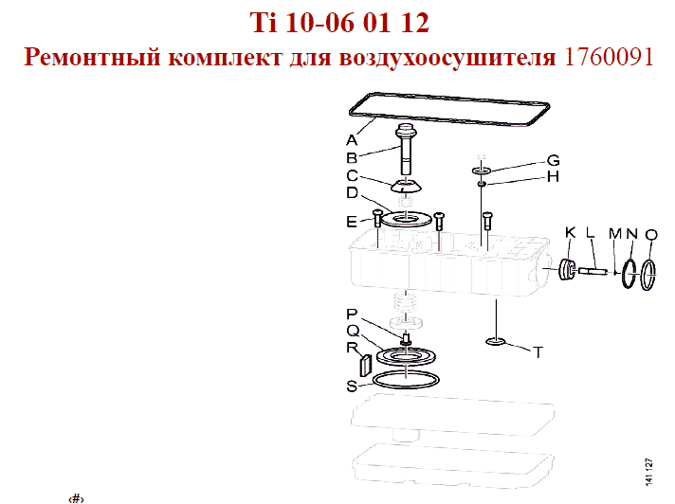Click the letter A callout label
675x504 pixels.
(352, 140)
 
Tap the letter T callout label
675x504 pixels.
(538, 352)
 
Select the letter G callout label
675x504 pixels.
(553, 160)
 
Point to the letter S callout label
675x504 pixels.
(352, 387)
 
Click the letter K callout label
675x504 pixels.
(570, 233)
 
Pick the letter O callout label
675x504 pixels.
(651, 235)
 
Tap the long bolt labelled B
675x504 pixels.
(406, 149)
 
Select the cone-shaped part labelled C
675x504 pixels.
(406, 186)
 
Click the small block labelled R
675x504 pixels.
(365, 365)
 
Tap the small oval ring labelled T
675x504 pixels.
(496, 342)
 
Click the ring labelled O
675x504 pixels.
(648, 275)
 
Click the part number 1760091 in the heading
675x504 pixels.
(609, 57)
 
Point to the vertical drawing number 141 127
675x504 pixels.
(649, 472)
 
